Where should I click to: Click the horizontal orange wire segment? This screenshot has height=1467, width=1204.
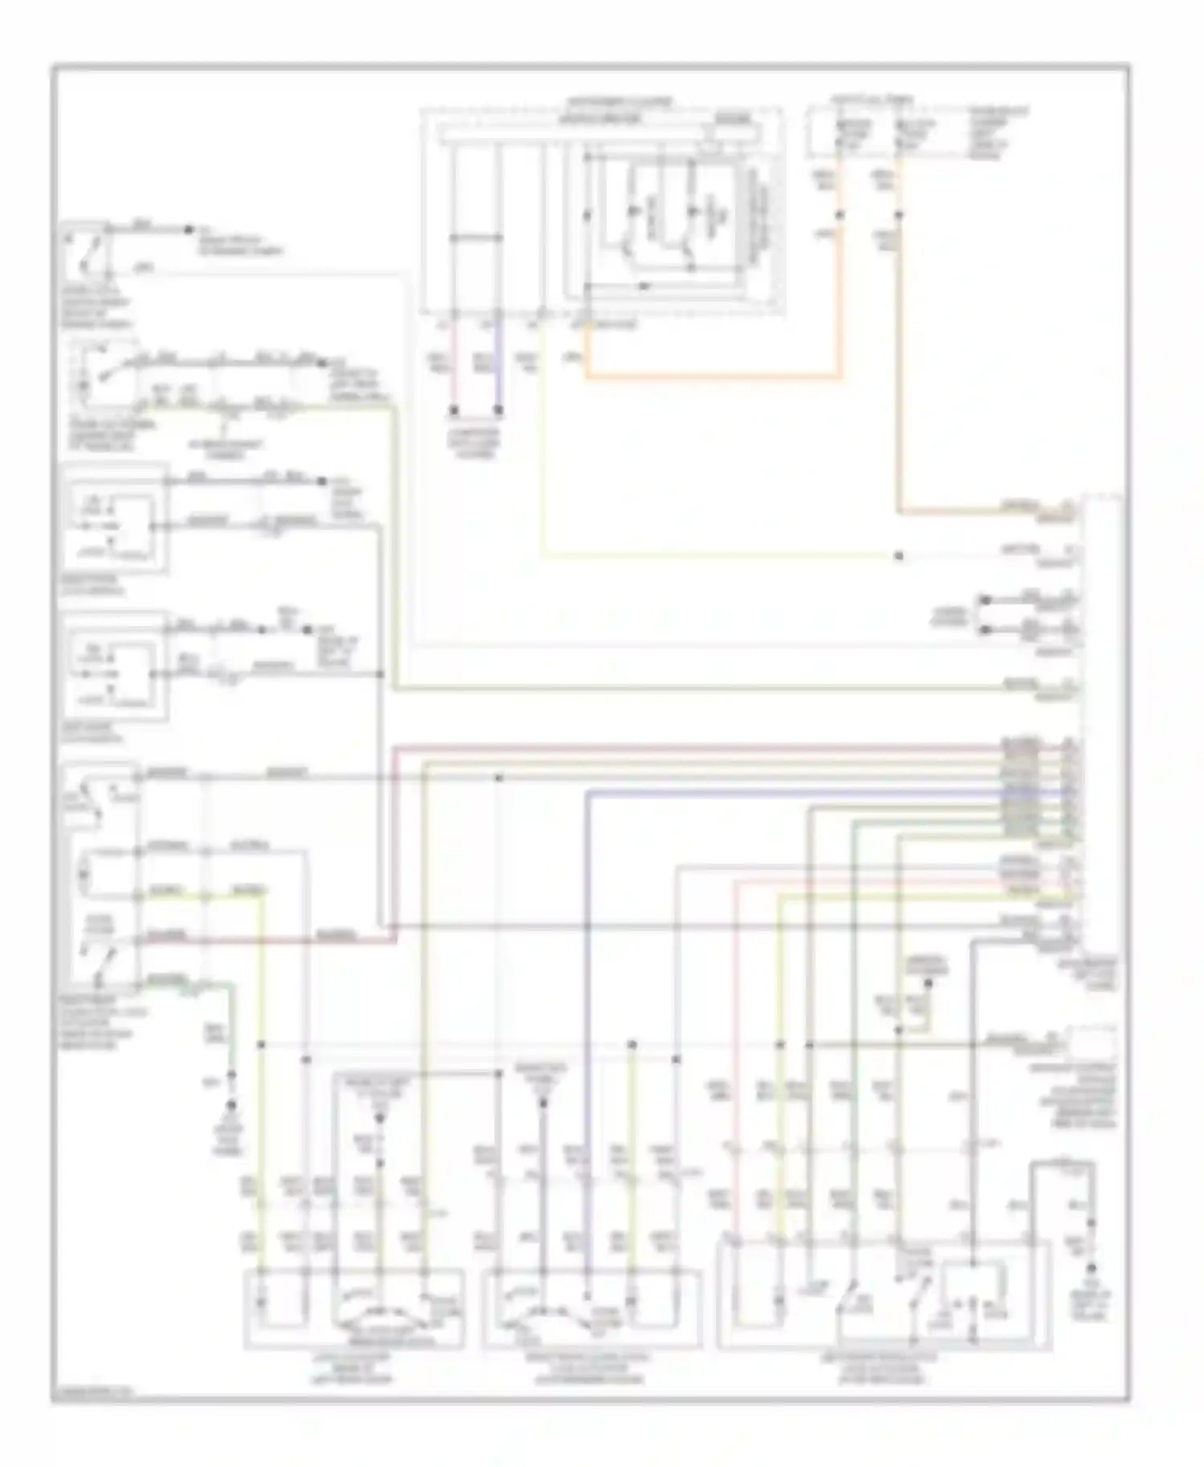[x=714, y=376]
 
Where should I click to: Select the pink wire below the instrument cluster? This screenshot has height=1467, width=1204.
[x=454, y=369]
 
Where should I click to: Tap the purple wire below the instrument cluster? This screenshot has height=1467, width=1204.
[x=498, y=369]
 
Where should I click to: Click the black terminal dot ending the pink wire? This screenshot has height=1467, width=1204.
[x=454, y=410]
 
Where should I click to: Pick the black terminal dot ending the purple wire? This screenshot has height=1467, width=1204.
[x=498, y=410]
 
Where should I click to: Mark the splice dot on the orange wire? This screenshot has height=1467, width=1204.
[x=840, y=214]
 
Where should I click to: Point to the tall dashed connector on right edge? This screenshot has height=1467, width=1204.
[x=1104, y=722]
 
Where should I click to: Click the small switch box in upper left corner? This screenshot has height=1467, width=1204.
[x=84, y=250]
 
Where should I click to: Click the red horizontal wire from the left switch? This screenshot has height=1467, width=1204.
[x=265, y=939]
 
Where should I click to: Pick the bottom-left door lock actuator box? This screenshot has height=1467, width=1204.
[x=353, y=1308]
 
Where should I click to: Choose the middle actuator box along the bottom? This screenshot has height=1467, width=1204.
[x=592, y=1308]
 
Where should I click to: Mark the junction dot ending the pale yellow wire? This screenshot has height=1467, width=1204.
[x=899, y=555]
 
